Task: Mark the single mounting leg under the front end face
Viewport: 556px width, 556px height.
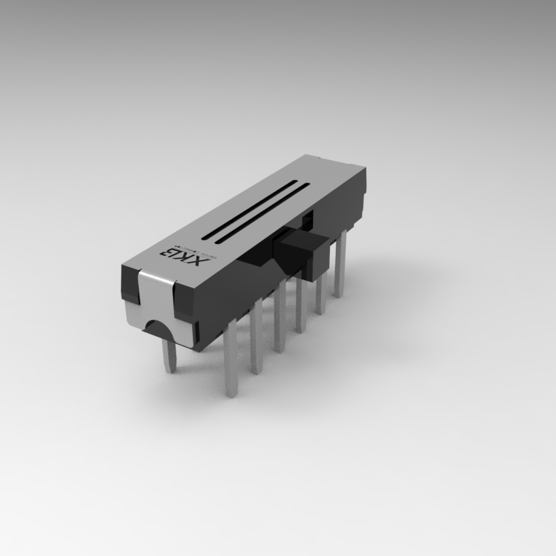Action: pos(170,354)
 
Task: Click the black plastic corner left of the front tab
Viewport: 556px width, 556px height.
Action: pos(128,285)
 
